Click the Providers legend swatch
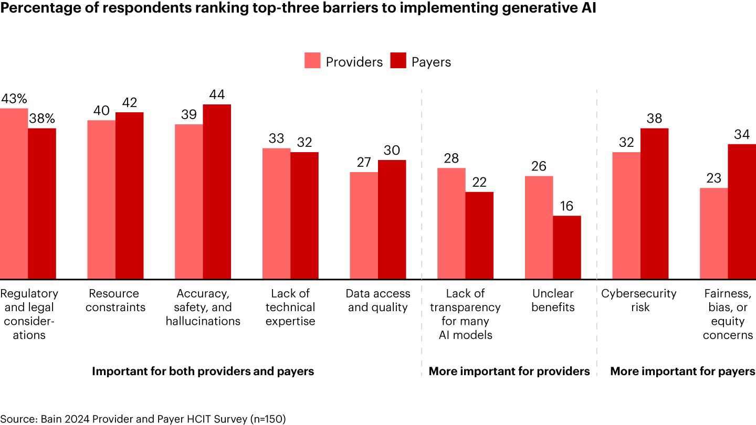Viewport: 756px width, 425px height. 312,61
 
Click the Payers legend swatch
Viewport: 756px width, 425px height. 398,61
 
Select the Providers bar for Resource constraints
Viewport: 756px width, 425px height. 101,199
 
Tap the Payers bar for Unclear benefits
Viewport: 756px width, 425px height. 567,247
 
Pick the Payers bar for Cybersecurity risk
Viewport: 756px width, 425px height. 655,203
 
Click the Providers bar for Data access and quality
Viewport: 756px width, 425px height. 364,225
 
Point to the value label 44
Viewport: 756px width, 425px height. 217,95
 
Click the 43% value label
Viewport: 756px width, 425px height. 14,99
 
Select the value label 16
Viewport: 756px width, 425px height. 567,206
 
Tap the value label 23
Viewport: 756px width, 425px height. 713,178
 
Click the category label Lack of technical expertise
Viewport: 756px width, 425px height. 290,307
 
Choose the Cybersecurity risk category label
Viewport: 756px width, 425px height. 640,300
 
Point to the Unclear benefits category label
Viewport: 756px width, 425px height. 553,300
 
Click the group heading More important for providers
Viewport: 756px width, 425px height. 509,371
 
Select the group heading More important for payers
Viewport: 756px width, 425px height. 682,371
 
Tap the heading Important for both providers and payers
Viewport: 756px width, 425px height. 203,371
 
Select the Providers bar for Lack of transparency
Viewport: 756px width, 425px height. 451,223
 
